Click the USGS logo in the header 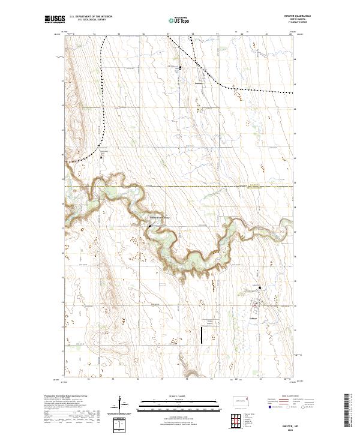pos(54,20)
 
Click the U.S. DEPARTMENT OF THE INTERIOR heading pos(91,17)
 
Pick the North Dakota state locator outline pos(241,400)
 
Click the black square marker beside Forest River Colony pos(149,226)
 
